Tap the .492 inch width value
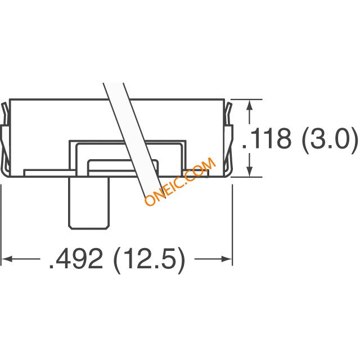(x=76, y=259)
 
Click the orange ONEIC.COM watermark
(x=180, y=181)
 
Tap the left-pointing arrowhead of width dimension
(x=7, y=259)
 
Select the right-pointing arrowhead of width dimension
(x=226, y=259)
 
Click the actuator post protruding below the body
(x=89, y=202)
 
